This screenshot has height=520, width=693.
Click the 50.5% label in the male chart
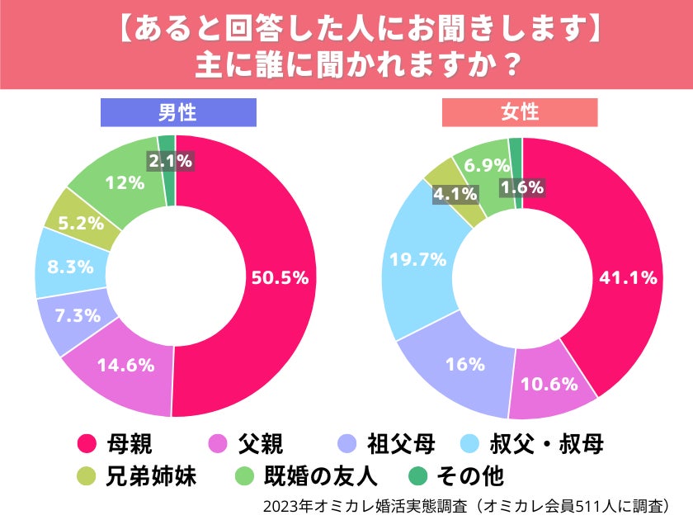click(x=280, y=277)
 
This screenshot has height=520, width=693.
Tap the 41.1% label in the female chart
click(x=627, y=277)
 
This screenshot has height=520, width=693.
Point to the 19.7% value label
click(x=417, y=260)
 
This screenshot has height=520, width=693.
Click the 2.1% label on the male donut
click(x=170, y=161)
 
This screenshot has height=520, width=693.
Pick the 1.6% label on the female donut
click(x=522, y=187)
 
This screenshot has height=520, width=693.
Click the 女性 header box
click(x=519, y=112)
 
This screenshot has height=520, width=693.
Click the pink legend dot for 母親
click(x=85, y=446)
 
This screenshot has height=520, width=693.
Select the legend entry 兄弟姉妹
click(x=152, y=477)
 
